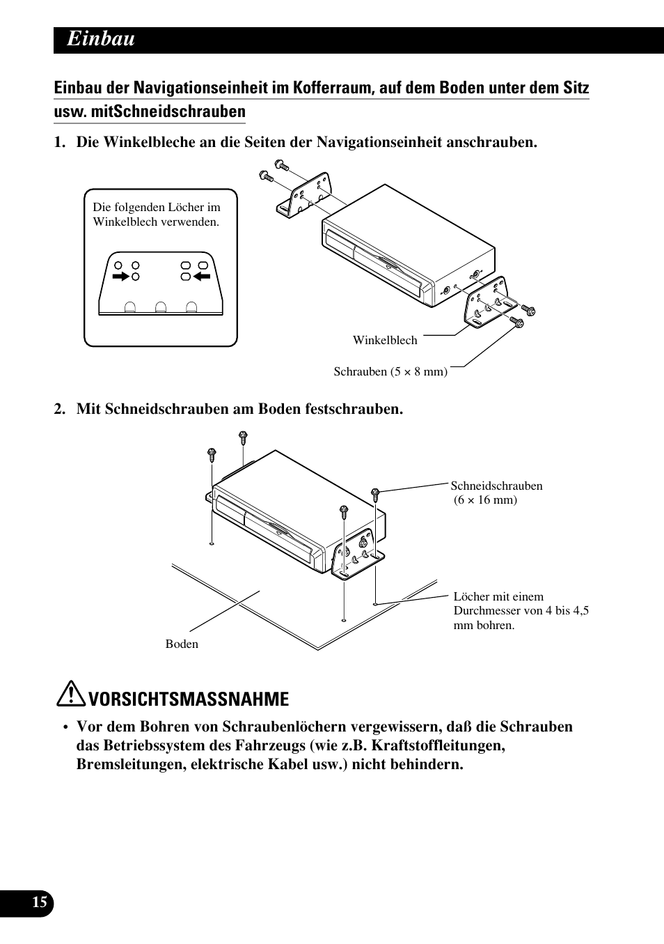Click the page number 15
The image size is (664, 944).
tap(40, 902)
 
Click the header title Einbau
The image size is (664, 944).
tap(101, 40)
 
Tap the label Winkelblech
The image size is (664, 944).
tap(385, 340)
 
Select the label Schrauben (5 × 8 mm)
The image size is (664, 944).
tap(390, 371)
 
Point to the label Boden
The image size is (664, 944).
tap(182, 644)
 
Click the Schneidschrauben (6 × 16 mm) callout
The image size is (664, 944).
tap(496, 493)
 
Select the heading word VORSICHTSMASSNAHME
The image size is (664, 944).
tap(189, 699)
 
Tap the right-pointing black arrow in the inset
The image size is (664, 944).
tap(121, 277)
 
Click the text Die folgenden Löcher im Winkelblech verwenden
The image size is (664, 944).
tap(157, 215)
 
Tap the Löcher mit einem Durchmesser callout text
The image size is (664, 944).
tap(521, 610)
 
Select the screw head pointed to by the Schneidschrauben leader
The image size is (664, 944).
tap(375, 492)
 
